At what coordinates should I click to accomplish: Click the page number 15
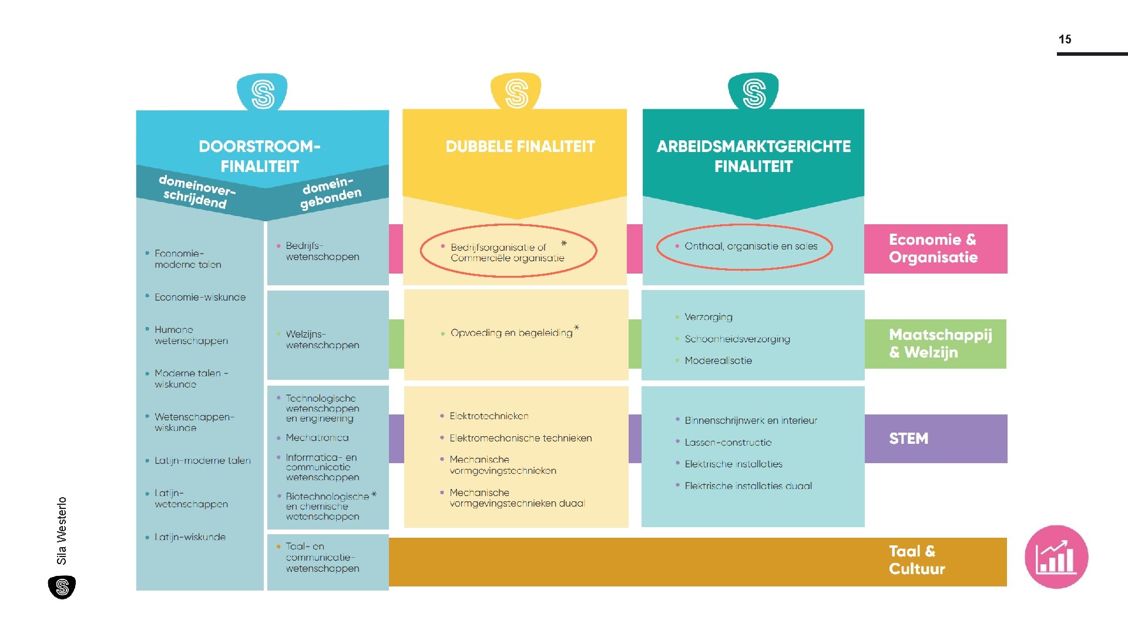[1065, 39]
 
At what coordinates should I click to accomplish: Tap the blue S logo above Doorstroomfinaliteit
[262, 93]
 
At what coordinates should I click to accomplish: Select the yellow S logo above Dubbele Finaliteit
[516, 93]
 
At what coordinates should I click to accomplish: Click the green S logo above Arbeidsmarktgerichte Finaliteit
[754, 93]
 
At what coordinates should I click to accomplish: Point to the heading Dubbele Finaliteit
[520, 147]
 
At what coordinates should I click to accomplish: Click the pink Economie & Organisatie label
[935, 248]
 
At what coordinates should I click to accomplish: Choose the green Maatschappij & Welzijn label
[939, 343]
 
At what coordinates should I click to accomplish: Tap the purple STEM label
[909, 439]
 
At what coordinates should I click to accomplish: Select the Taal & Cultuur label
[916, 560]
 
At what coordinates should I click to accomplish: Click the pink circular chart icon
[1056, 557]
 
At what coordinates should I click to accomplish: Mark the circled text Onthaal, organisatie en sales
[750, 247]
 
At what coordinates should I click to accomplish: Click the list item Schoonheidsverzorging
[737, 339]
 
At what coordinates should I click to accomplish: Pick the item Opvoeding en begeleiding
[511, 333]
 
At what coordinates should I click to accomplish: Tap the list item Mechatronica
[317, 438]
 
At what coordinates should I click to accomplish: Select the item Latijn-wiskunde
[190, 537]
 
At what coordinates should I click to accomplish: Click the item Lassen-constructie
[727, 443]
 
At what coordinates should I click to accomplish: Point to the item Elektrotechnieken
[489, 416]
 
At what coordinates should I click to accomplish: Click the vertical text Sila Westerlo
[62, 531]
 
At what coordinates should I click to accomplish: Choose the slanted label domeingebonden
[331, 193]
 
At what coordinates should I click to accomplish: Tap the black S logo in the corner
[62, 587]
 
